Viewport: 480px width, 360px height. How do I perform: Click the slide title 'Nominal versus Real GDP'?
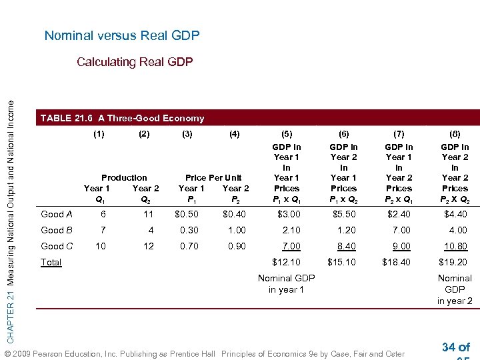click(122, 35)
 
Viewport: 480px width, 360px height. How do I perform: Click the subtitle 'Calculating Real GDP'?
click(135, 62)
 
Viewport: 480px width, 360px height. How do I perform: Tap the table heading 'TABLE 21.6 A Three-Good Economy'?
click(122, 118)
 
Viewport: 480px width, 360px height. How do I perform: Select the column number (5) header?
click(287, 134)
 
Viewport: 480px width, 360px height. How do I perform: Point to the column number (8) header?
click(455, 134)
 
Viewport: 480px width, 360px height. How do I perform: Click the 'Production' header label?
click(124, 177)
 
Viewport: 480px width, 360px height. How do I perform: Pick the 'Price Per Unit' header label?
click(213, 177)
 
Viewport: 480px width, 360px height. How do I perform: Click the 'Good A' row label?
click(57, 214)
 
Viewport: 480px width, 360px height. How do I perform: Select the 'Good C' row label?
click(57, 246)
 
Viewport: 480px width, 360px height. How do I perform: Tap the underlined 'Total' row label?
click(51, 262)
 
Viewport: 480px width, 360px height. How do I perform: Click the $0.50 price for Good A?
click(186, 214)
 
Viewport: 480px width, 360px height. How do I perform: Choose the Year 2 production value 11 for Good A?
click(148, 214)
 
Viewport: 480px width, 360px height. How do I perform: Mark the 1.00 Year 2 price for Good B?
click(236, 230)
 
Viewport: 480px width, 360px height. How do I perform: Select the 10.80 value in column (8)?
click(455, 246)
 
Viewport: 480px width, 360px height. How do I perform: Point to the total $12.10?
click(287, 262)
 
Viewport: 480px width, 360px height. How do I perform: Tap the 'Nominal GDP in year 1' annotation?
click(286, 283)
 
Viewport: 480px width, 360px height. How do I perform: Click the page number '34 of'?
click(456, 347)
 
